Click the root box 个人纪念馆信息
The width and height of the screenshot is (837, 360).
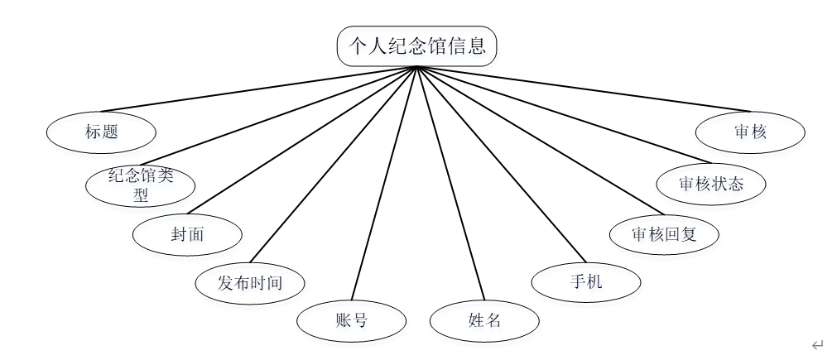(416, 46)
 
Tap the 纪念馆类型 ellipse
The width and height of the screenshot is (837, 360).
(140, 185)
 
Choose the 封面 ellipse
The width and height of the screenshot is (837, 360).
(188, 234)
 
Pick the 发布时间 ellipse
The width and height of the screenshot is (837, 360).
(250, 283)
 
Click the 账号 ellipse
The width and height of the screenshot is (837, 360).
(351, 321)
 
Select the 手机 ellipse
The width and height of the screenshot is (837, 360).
(586, 282)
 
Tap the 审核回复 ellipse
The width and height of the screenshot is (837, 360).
(664, 234)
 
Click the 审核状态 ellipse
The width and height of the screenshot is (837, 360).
(711, 184)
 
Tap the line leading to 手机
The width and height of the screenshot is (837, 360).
(498, 164)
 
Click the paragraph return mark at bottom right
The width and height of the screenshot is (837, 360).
(817, 344)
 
